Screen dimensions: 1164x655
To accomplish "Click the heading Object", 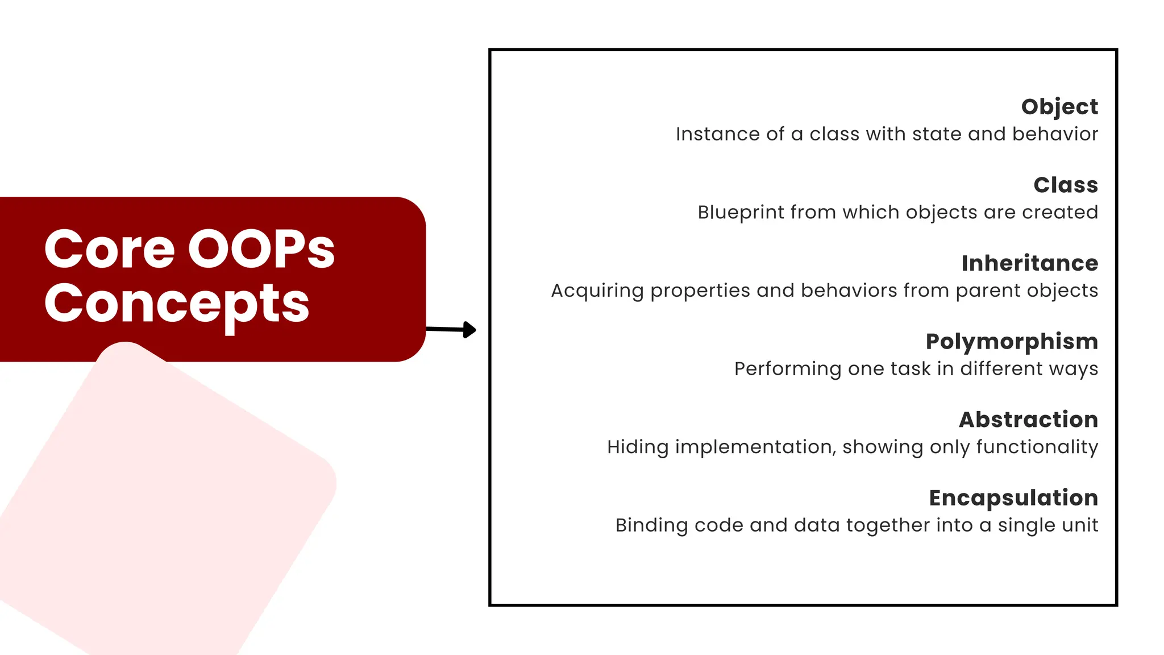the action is [x=1059, y=107].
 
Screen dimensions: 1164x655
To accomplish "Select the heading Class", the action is [x=1066, y=185].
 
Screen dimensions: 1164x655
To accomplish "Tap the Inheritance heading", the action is [x=1029, y=263].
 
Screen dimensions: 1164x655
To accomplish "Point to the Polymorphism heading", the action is [x=1012, y=342].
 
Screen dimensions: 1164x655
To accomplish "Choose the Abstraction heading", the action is [x=1028, y=420].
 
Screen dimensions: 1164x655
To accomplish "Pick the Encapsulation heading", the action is [x=1013, y=498].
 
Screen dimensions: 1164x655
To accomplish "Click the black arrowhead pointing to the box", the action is [x=469, y=330].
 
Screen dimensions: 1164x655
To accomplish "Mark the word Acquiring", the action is [x=597, y=291].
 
